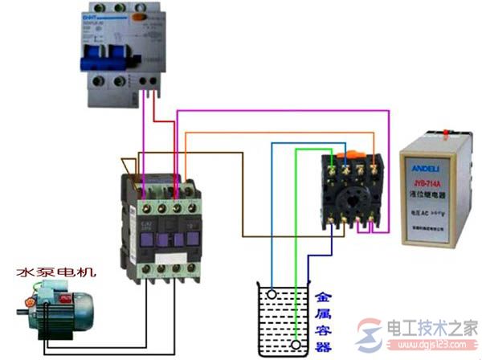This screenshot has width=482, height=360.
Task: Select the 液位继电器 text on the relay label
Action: tap(440, 198)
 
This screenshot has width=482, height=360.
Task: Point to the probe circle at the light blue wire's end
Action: tap(274, 295)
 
